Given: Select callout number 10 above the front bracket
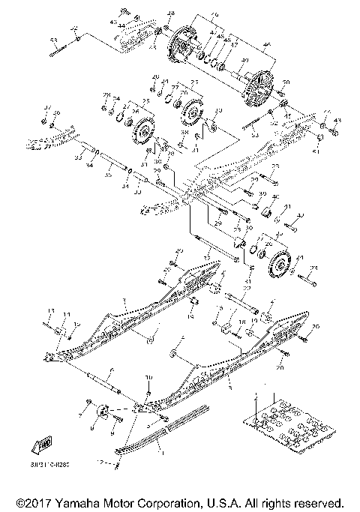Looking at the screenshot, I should click(x=148, y=377).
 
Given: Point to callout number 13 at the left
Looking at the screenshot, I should click(x=51, y=310).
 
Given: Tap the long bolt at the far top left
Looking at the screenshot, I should click(x=57, y=51).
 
